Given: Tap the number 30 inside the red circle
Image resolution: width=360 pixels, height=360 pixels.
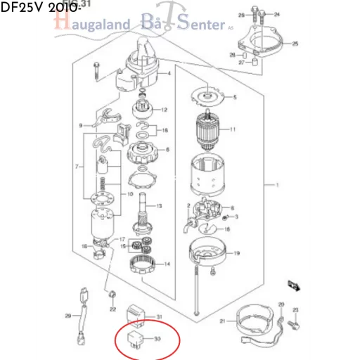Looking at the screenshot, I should coord(157,340).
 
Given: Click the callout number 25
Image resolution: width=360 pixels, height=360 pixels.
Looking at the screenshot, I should coord(295,44).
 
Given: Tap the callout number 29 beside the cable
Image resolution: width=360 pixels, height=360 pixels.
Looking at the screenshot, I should coord(67,315).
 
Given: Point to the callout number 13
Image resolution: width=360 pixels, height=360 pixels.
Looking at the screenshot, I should coord(159,205).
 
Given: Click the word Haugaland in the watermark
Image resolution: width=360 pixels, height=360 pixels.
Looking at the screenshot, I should coord(92,25).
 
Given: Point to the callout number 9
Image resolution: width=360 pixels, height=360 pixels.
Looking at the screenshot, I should coord(81,126).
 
